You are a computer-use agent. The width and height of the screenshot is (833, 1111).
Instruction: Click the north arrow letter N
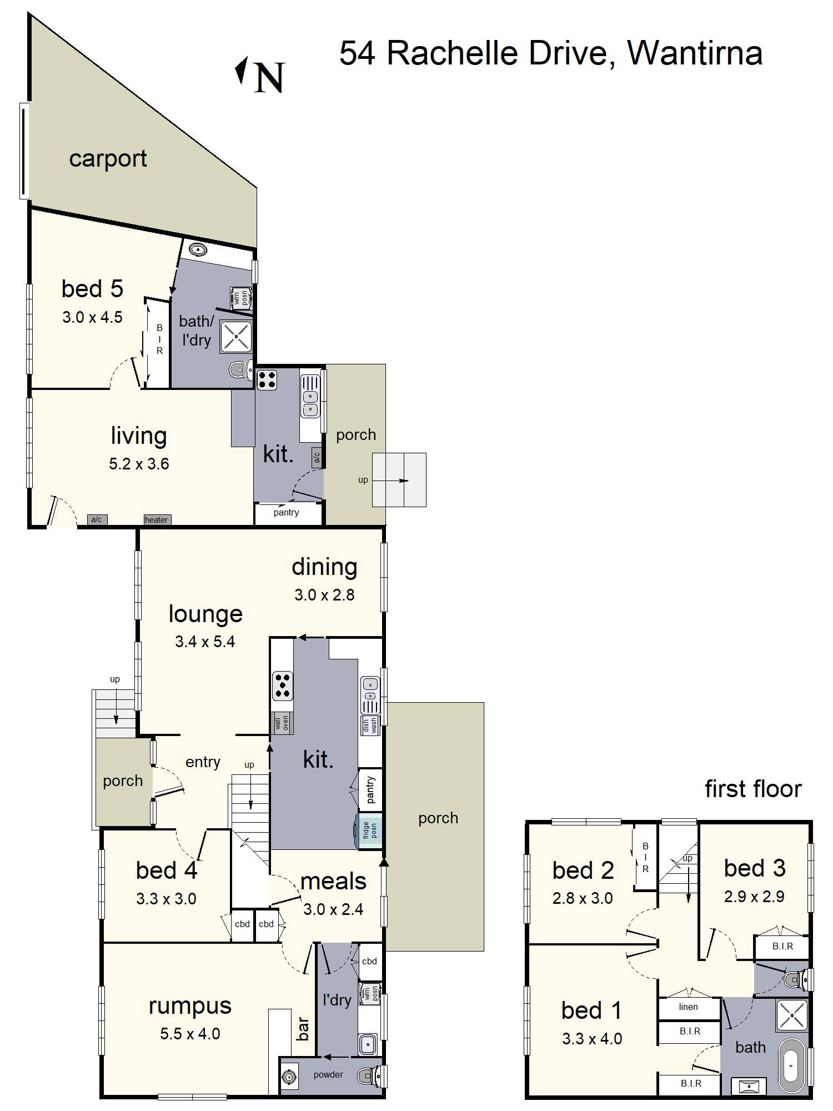269,77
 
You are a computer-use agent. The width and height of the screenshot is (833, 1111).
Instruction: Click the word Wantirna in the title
694,53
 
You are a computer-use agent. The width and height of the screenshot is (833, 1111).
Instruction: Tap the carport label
108,159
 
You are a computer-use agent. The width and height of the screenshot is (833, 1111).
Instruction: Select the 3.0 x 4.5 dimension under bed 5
92,317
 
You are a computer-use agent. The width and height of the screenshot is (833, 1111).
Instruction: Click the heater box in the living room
157,520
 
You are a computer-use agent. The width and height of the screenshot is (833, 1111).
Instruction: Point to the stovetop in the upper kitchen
267,380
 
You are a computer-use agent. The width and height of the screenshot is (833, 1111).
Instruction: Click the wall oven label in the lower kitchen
282,723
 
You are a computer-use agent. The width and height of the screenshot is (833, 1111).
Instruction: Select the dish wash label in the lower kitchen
370,725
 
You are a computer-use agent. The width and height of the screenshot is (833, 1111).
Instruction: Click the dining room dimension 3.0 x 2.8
324,595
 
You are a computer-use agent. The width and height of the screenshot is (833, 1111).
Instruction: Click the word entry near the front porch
203,762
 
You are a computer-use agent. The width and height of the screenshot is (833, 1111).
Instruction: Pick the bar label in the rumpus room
304,1029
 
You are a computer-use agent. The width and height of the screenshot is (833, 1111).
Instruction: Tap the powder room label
328,1075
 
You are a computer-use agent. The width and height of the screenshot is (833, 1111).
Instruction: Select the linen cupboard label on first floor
688,1007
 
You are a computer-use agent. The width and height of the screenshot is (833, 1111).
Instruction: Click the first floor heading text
753,789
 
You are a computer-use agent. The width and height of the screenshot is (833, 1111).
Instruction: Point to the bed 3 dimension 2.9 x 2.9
754,897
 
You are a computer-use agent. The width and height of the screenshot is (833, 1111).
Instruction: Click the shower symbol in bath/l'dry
237,336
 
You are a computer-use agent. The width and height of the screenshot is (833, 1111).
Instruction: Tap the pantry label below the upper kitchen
287,513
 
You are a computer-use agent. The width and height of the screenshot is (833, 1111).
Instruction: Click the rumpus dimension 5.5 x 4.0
190,1034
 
